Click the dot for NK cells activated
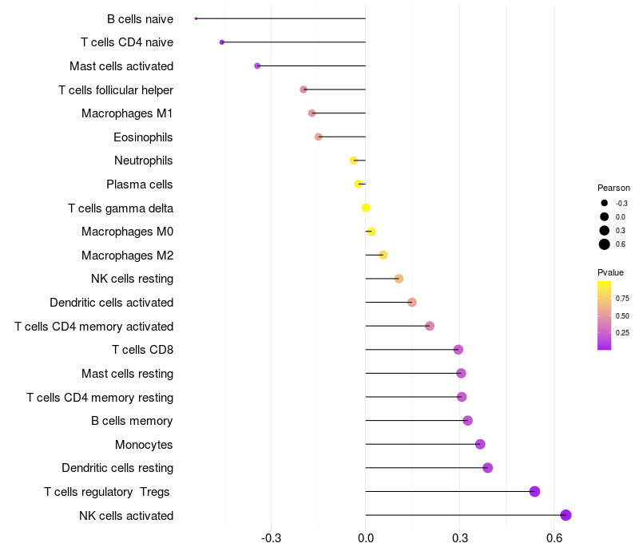[566, 515]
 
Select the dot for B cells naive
[196, 18]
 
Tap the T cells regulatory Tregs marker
[534, 491]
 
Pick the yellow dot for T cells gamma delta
[366, 208]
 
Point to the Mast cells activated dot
[257, 66]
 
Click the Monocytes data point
[480, 444]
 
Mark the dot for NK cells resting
[399, 279]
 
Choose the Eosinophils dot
[318, 137]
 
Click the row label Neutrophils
[144, 161]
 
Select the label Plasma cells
[139, 184]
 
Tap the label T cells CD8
[143, 350]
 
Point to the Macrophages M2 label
[128, 255]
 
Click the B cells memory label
[132, 421]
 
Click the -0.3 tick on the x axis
[271, 538]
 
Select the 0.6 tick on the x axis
[554, 538]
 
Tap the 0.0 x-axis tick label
[366, 538]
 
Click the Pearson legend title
[613, 188]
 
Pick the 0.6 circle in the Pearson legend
[605, 244]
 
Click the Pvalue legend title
[610, 272]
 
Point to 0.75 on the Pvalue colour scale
[622, 298]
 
